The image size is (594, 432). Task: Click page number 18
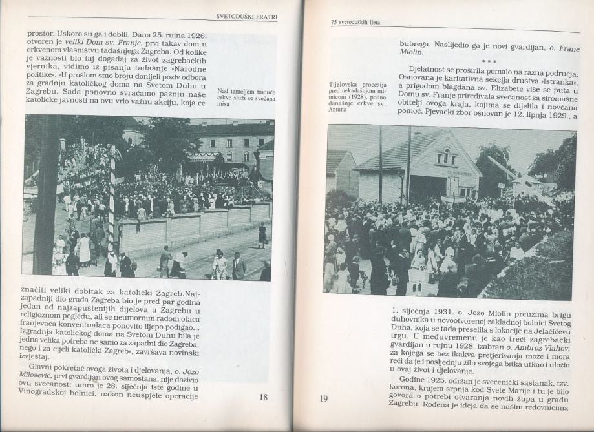[x=263, y=397]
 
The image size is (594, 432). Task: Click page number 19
[x=324, y=398]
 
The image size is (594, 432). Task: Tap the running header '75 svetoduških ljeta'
[x=355, y=22]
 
